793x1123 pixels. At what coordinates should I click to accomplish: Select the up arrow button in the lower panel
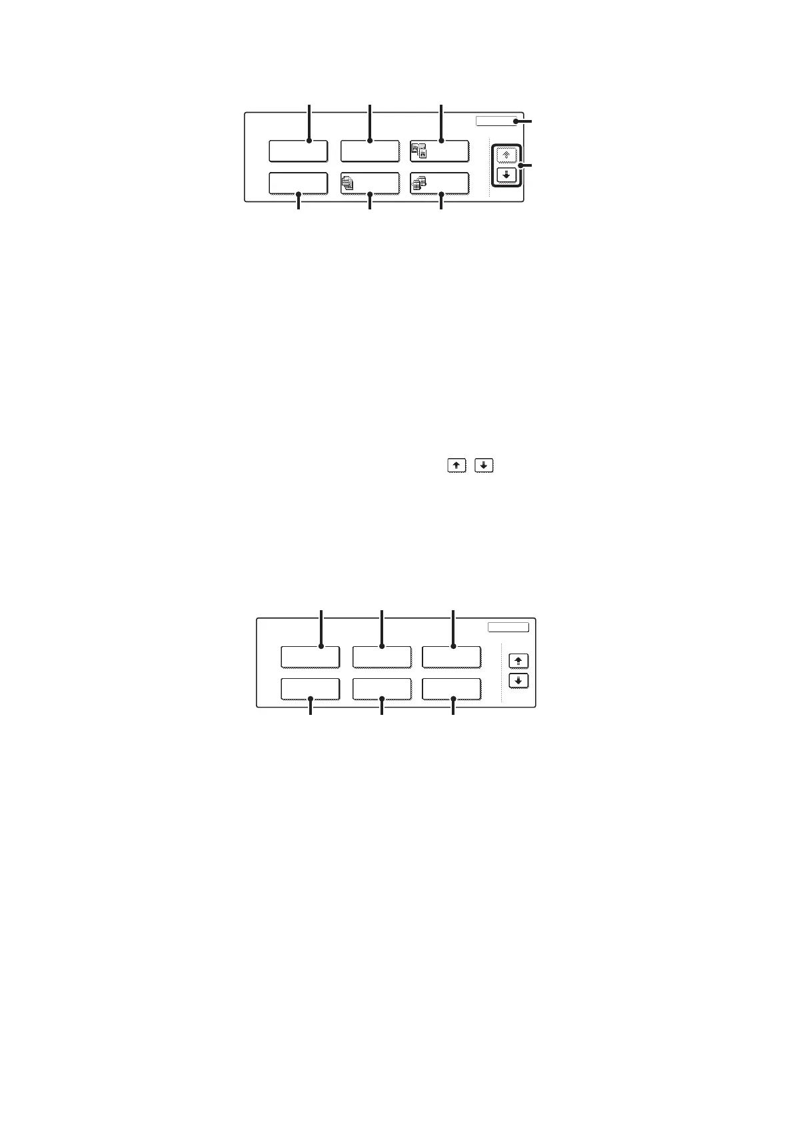pos(518,661)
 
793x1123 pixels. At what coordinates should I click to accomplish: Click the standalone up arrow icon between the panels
pos(456,465)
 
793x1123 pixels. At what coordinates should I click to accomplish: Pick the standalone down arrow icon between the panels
pos(484,465)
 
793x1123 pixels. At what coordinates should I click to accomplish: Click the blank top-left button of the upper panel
pos(298,151)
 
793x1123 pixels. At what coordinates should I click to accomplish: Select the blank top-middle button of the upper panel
pos(370,151)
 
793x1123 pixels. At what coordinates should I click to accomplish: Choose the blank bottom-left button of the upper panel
pos(298,183)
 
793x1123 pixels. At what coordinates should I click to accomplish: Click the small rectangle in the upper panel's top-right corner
pos(496,121)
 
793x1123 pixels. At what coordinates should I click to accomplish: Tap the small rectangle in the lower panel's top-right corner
pos(508,628)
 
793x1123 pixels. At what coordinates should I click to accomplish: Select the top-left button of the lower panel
pos(310,657)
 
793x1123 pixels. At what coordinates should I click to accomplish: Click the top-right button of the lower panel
pos(451,657)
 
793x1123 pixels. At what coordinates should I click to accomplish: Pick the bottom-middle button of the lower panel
pos(381,689)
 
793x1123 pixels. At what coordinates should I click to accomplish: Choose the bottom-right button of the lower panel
pos(451,689)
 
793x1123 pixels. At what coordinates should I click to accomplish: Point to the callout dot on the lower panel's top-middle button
pos(382,646)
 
